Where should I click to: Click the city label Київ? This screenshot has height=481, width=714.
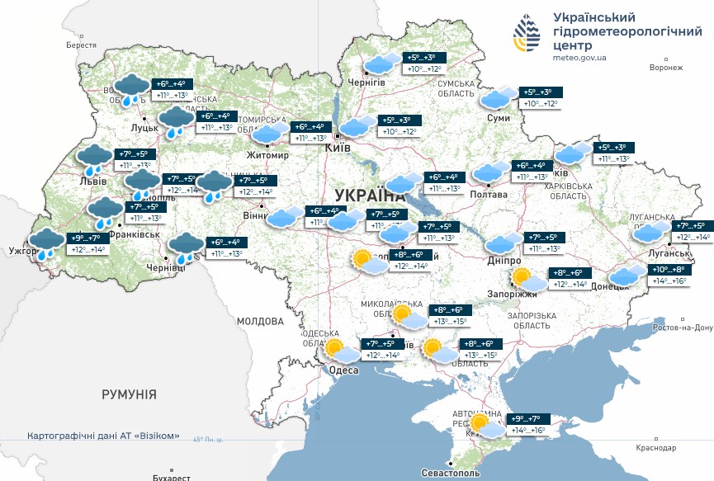coord(338,148)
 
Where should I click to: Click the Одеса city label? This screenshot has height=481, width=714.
coord(344,370)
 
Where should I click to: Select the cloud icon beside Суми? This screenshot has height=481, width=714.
coord(499,98)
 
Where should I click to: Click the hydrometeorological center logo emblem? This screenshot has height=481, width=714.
coord(530,35)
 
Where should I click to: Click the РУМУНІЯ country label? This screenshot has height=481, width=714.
coord(129,395)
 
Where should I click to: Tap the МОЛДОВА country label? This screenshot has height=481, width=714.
coord(260,320)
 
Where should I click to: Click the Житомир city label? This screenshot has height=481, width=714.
coord(267,155)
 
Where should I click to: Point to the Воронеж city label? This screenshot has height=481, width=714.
coord(665,68)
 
